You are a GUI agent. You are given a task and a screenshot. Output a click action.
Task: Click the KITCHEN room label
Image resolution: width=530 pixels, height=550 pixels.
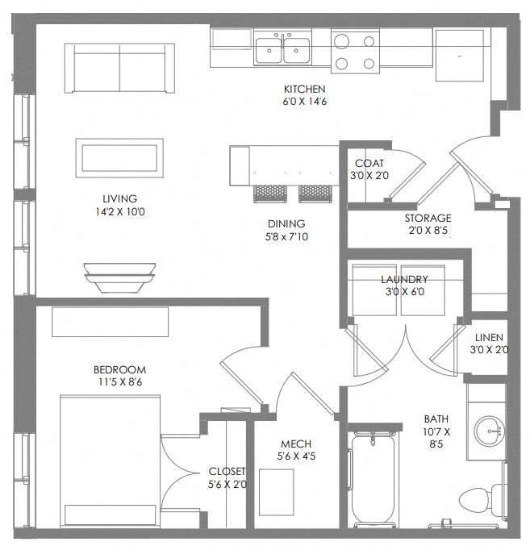pyautogui.click(x=304, y=89)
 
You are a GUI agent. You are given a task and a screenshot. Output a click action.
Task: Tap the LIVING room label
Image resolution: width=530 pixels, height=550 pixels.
pyautogui.click(x=119, y=198)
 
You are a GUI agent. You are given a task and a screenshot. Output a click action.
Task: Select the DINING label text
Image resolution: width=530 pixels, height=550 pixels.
pyautogui.click(x=286, y=223)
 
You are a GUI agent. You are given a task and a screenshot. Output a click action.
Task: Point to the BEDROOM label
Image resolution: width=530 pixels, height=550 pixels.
pyautogui.click(x=119, y=370)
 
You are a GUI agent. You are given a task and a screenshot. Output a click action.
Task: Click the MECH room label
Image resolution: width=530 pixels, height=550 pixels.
pyautogui.click(x=295, y=444)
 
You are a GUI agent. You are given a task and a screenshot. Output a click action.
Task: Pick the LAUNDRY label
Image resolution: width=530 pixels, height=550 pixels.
pyautogui.click(x=403, y=279)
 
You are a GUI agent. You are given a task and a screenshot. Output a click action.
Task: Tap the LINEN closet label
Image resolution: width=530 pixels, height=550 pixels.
pyautogui.click(x=489, y=337)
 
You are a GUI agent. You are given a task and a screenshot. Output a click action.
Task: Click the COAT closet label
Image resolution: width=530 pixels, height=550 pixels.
pyautogui.click(x=368, y=162)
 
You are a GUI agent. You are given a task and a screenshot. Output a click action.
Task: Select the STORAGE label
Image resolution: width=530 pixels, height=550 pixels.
pyautogui.click(x=428, y=218)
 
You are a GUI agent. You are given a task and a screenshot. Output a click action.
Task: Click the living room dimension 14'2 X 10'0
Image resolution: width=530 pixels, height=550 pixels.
pyautogui.click(x=119, y=212)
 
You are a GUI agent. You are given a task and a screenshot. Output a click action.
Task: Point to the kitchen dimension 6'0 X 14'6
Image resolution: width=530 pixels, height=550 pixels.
pyautogui.click(x=304, y=102)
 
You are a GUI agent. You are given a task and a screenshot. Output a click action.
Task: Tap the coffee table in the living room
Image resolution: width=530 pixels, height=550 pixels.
pyautogui.click(x=120, y=157)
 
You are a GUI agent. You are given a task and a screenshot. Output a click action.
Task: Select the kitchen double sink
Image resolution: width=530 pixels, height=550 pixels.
pyautogui.click(x=283, y=50)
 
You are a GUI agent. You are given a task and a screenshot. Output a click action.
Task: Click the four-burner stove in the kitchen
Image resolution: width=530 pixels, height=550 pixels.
pyautogui.click(x=356, y=52)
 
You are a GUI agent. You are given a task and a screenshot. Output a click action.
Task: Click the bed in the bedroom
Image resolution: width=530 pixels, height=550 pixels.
pyautogui.click(x=109, y=460)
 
